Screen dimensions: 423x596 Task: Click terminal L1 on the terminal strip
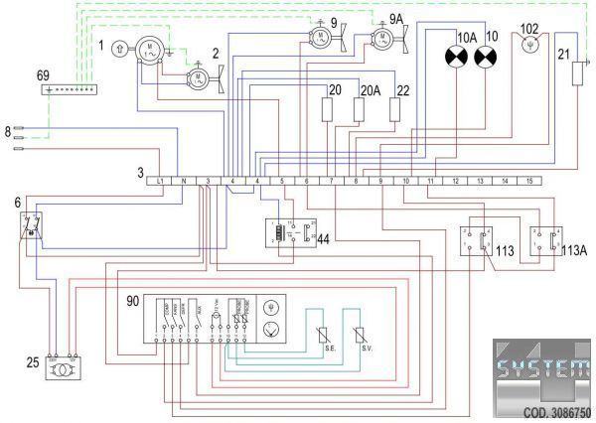160,182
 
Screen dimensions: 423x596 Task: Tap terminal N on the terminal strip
184,182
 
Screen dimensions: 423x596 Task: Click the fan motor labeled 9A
380,39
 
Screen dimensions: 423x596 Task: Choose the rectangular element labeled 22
396,108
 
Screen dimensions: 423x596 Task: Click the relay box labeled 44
286,234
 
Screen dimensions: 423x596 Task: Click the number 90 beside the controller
133,300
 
